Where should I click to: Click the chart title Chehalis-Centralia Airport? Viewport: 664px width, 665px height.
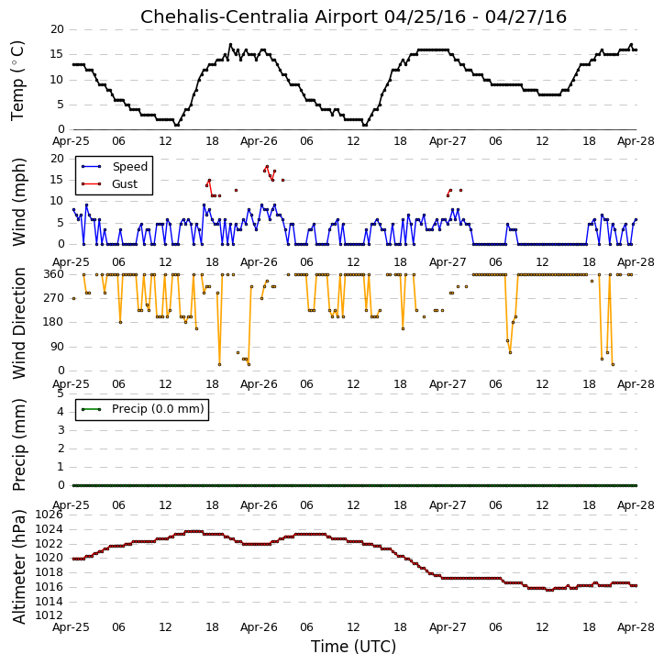[259, 17]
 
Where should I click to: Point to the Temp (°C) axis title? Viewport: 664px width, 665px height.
[17, 80]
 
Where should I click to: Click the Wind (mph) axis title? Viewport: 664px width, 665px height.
[19, 202]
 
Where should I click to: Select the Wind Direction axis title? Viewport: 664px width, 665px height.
[19, 323]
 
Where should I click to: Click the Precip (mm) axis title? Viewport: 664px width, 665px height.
[19, 445]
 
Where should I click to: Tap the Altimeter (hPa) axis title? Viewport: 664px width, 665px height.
[19, 567]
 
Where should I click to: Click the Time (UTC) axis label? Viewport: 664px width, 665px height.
[354, 647]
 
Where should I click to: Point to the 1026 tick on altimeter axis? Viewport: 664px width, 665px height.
[49, 515]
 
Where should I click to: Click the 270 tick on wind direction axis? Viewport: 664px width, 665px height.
[54, 298]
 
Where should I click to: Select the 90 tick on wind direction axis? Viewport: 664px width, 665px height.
[57, 347]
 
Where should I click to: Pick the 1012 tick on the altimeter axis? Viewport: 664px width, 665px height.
[49, 615]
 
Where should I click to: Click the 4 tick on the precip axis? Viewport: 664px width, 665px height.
[61, 412]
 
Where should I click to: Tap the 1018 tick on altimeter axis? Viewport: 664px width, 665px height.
[49, 572]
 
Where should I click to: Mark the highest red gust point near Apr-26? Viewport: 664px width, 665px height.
[267, 167]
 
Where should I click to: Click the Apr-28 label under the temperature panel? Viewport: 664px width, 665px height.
[636, 141]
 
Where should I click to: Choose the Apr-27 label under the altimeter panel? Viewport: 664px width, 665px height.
[448, 627]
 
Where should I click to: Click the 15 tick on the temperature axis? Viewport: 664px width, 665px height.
[57, 54]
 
